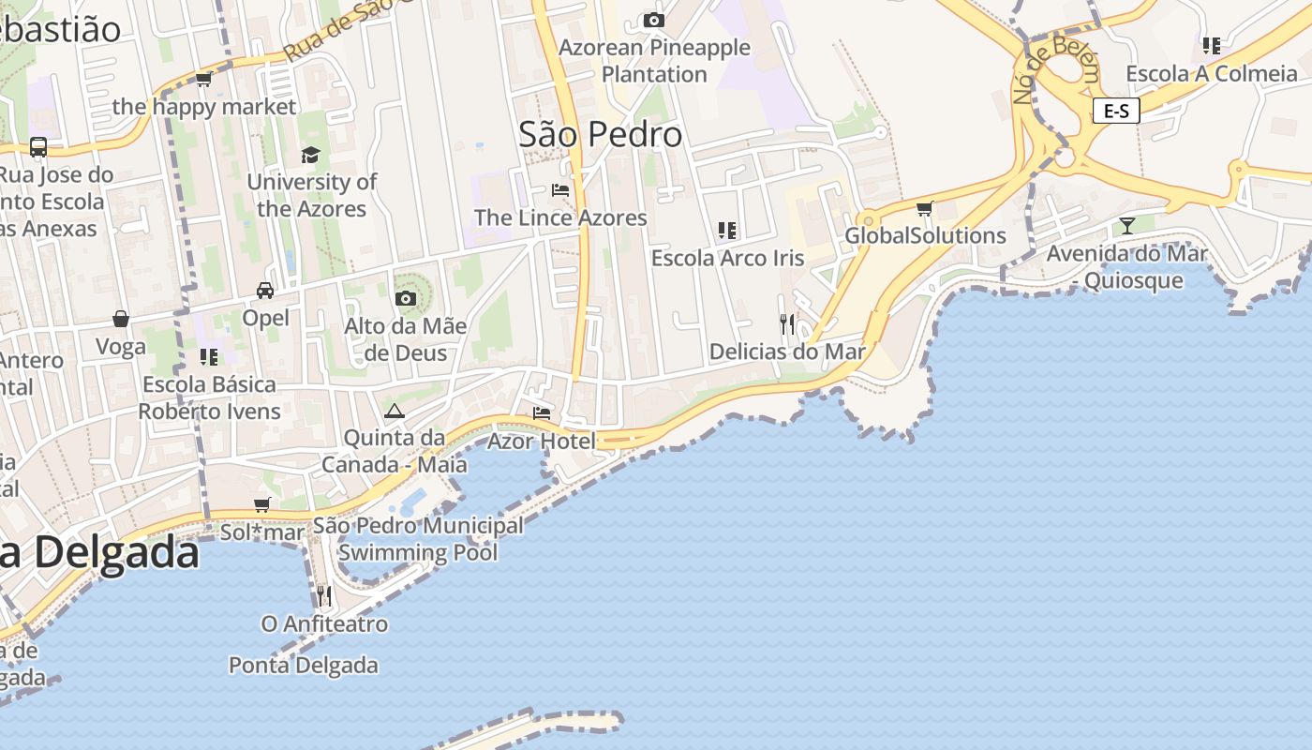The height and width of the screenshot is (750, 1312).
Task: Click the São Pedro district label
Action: pyautogui.click(x=601, y=135)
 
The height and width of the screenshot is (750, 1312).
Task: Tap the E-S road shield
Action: pyautogui.click(x=1115, y=111)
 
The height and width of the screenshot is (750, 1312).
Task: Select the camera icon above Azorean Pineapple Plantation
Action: pyautogui.click(x=654, y=20)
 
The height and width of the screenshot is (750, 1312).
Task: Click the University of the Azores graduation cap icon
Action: pyautogui.click(x=310, y=155)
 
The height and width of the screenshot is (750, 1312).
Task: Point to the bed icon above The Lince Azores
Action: pyautogui.click(x=560, y=189)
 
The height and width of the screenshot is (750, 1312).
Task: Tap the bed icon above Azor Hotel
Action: pyautogui.click(x=542, y=412)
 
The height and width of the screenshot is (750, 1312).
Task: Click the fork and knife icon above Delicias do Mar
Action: pyautogui.click(x=787, y=324)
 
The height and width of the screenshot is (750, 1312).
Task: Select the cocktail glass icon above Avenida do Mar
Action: pyautogui.click(x=1126, y=225)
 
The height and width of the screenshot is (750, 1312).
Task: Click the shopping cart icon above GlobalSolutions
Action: pyautogui.click(x=925, y=208)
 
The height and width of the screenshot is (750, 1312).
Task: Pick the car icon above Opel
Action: pyautogui.click(x=265, y=291)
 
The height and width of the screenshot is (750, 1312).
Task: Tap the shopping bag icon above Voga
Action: pyautogui.click(x=121, y=319)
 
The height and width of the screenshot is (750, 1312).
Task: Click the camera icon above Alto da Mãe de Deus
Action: pyautogui.click(x=405, y=299)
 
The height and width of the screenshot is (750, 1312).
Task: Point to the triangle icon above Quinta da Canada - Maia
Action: pyautogui.click(x=394, y=411)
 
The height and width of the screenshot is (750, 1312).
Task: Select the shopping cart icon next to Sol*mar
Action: pyautogui.click(x=262, y=505)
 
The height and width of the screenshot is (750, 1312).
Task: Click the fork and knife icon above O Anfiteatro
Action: pyautogui.click(x=323, y=595)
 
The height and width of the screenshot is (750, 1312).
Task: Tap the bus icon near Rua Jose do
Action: pyautogui.click(x=38, y=147)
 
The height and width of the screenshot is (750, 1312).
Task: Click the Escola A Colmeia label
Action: pyautogui.click(x=1212, y=74)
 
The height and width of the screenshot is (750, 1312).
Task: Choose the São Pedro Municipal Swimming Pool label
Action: pyautogui.click(x=418, y=539)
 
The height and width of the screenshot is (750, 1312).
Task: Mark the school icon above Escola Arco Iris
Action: pyautogui.click(x=727, y=230)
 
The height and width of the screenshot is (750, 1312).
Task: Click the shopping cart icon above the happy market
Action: pyautogui.click(x=203, y=80)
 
